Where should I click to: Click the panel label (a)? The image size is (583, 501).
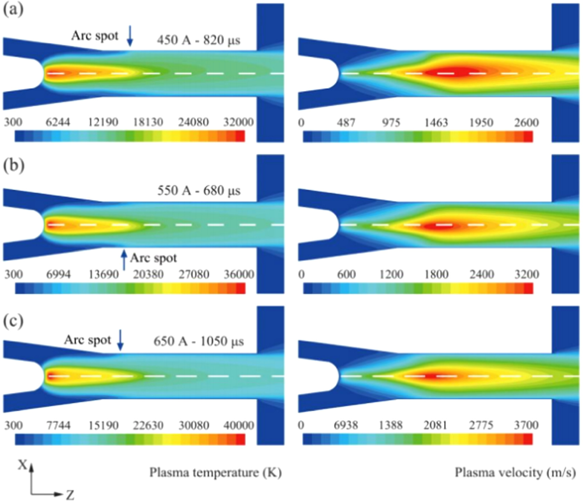pyautogui.click(x=13, y=10)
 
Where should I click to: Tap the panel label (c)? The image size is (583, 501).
pyautogui.click(x=13, y=321)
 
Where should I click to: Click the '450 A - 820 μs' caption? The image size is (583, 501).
pyautogui.click(x=199, y=40)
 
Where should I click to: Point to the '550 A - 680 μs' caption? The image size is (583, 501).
pyautogui.click(x=199, y=191)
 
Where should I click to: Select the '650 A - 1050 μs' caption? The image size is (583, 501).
pyautogui.click(x=199, y=341)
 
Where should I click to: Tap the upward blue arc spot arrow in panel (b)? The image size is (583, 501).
pyautogui.click(x=124, y=260)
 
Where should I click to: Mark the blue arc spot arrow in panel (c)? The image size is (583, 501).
pyautogui.click(x=120, y=340)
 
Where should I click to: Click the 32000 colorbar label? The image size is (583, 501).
pyautogui.click(x=238, y=122)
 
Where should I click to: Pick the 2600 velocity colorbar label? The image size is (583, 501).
pyautogui.click(x=526, y=122)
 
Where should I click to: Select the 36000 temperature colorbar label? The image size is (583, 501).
pyautogui.click(x=239, y=274)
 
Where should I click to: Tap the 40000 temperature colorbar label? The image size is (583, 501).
pyautogui.click(x=239, y=426)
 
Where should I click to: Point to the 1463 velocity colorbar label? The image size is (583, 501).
pyautogui.click(x=436, y=122)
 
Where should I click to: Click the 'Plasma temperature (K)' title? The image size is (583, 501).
pyautogui.click(x=215, y=473)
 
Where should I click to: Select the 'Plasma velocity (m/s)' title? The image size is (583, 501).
pyautogui.click(x=515, y=473)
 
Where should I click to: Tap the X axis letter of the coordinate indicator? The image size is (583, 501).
pyautogui.click(x=23, y=465)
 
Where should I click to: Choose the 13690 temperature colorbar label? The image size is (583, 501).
pyautogui.click(x=104, y=274)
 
